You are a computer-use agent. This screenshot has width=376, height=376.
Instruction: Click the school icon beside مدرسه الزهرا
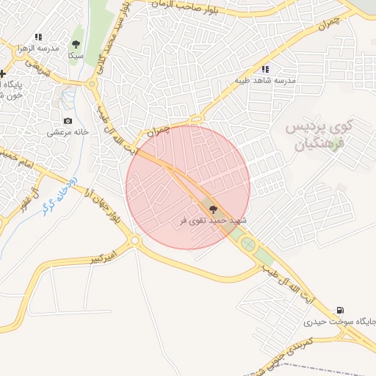[38, 36]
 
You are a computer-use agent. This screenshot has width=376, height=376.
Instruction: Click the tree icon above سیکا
[75, 42]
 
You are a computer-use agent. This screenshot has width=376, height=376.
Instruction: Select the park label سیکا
[75, 55]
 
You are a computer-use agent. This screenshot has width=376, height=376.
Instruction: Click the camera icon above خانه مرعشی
[68, 120]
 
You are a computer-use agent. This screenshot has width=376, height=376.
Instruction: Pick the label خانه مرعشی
[68, 132]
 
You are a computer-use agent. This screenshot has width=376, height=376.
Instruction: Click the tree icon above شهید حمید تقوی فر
[214, 209]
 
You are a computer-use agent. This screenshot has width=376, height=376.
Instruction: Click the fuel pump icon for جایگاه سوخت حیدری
[339, 311]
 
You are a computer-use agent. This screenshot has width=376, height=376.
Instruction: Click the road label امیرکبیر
[103, 258]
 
